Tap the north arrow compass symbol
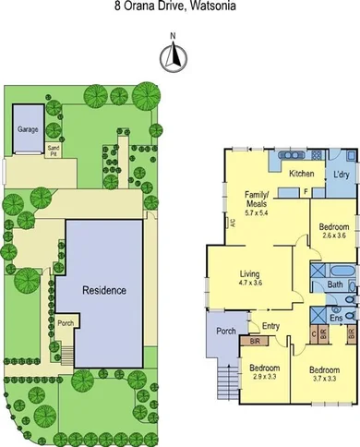171,57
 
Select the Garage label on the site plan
28,129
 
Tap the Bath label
333,284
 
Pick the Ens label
337,319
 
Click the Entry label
270,325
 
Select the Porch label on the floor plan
224,330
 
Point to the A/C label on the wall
233,223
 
